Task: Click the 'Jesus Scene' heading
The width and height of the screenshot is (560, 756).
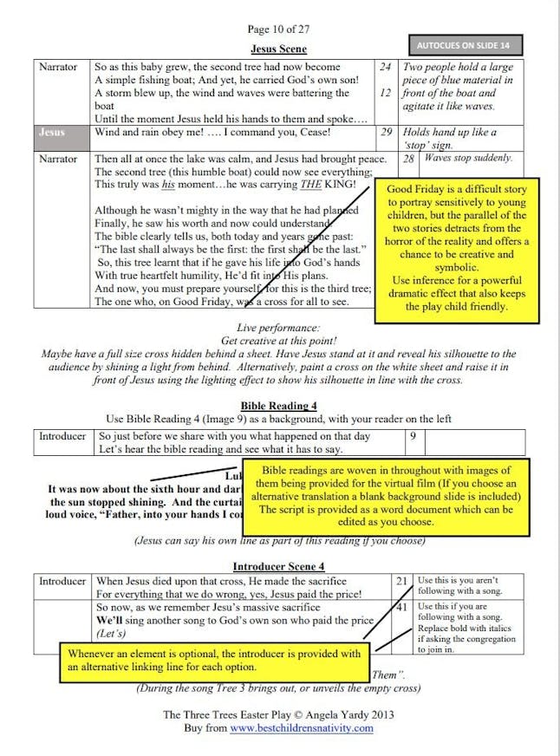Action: point(278,49)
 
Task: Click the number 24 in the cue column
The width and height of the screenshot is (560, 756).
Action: point(386,67)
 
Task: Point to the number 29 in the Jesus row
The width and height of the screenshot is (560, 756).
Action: point(387,133)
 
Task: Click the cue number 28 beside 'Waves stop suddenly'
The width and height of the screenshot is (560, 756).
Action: point(407,159)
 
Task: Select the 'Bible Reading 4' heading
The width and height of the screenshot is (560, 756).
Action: point(278,405)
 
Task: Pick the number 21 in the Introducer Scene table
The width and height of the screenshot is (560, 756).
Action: point(401,581)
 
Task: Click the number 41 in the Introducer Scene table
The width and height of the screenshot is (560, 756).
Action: point(401,608)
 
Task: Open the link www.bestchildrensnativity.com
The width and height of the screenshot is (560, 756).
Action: point(302,728)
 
